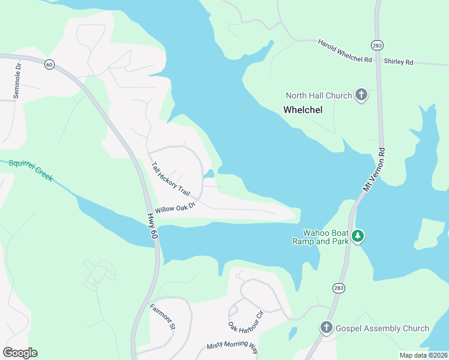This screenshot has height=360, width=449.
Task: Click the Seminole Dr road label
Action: pyautogui.click(x=17, y=80)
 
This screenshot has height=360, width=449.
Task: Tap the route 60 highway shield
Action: pyautogui.click(x=49, y=64)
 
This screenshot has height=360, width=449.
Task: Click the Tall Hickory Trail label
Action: pyautogui.click(x=170, y=179)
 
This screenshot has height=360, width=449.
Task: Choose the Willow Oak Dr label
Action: pyautogui.click(x=175, y=208)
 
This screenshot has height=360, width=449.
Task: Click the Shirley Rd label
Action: pyautogui.click(x=399, y=62)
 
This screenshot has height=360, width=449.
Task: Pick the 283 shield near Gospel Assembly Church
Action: pyautogui.click(x=339, y=289)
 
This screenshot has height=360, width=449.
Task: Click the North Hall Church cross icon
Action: pyautogui.click(x=361, y=95)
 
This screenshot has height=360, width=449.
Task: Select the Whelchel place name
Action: pyautogui.click(x=303, y=110)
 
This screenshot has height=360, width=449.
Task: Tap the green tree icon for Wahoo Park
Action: pyautogui.click(x=358, y=236)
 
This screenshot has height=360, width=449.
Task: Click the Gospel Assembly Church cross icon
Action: pyautogui.click(x=326, y=328)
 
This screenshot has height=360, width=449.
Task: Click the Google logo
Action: pyautogui.click(x=20, y=353)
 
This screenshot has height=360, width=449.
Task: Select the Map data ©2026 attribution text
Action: pyautogui.click(x=423, y=355)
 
